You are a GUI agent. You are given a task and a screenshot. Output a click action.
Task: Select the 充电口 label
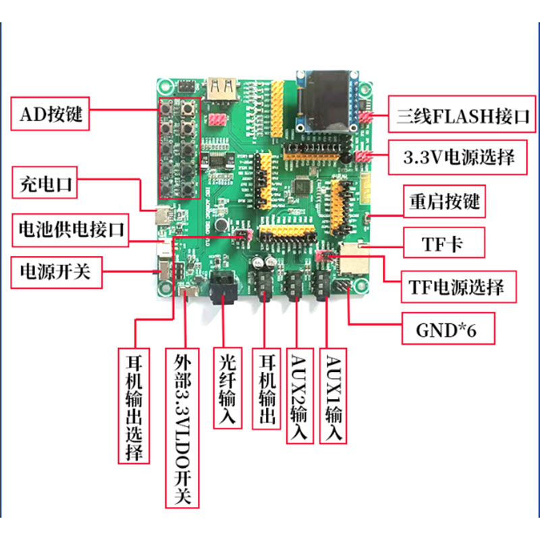point(46,183)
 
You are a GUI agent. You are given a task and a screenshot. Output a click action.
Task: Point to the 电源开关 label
point(55,273)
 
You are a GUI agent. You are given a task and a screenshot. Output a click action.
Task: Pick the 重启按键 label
point(443,202)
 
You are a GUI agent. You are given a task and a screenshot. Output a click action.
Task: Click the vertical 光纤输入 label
point(227,389)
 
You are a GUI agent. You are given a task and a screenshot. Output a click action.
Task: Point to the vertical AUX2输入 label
point(298,396)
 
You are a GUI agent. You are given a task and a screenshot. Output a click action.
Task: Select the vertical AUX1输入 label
point(335,396)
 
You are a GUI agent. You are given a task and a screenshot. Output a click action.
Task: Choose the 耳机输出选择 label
point(134,406)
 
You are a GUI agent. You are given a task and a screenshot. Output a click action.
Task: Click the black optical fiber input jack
point(225,287)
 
